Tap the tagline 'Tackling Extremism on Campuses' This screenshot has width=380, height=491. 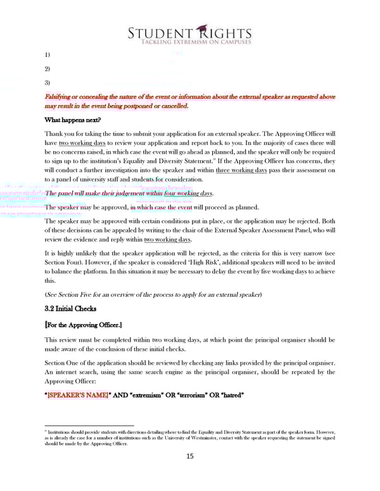click(x=189, y=42)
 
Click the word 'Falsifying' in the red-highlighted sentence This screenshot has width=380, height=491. click(x=60, y=96)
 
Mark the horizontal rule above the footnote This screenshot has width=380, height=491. click(x=89, y=425)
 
